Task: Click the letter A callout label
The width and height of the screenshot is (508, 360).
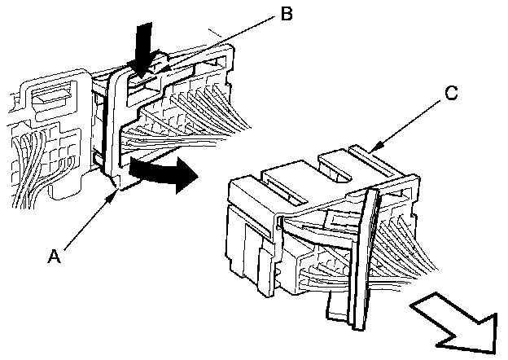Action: click(x=55, y=255)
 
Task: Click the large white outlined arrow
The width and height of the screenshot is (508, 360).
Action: click(x=456, y=319)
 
